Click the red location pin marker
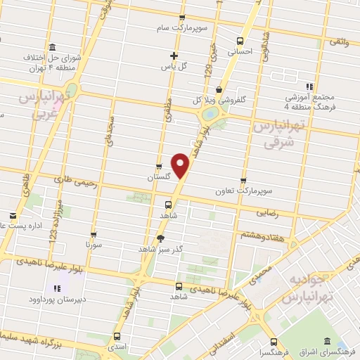click(x=181, y=166)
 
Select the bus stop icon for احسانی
click(x=240, y=41)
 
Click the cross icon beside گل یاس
click(x=174, y=56)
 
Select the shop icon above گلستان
click(x=158, y=167)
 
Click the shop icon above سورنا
click(x=94, y=236)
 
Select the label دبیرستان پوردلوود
click(x=56, y=297)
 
